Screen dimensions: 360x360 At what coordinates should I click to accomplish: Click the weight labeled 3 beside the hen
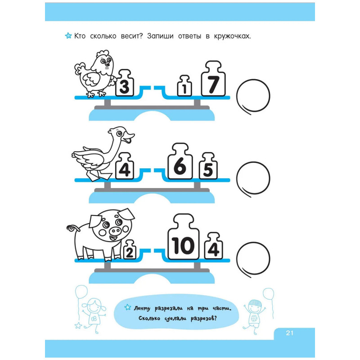pos(125,83)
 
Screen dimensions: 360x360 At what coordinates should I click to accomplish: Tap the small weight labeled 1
pos(184,85)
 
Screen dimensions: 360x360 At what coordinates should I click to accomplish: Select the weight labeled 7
pos(213,79)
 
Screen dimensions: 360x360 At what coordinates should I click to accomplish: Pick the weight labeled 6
pos(180,161)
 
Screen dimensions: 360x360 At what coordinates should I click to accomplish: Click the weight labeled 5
pos(208,166)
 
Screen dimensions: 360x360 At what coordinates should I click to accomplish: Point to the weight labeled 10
pos(183,237)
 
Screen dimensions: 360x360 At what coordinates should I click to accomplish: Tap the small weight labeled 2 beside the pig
pos(130,250)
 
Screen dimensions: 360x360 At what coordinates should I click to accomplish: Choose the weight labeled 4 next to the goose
pos(125,166)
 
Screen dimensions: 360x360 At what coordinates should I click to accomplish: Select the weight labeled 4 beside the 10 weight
pos(213,246)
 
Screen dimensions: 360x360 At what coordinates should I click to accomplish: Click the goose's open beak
pos(128,137)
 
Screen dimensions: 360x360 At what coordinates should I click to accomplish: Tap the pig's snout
pos(115,230)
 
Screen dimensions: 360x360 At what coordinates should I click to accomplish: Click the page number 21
pos(289,333)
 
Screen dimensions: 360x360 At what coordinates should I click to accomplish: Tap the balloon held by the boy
pos(268,294)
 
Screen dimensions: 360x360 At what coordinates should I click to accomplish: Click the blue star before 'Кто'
pos(68,36)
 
